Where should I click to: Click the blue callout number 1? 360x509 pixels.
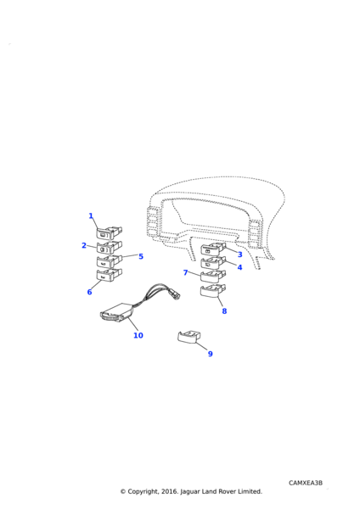(x=91, y=215)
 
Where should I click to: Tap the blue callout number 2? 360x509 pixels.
(x=84, y=245)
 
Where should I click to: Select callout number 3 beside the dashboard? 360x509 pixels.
(x=239, y=255)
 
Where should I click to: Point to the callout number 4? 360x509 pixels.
(x=239, y=267)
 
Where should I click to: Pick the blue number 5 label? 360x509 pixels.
(x=141, y=256)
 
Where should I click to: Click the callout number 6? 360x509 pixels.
(x=89, y=292)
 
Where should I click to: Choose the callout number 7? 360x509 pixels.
(x=186, y=272)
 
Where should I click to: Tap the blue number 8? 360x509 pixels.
(x=224, y=311)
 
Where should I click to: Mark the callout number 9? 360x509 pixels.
(x=211, y=354)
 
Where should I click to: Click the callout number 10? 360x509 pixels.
(x=138, y=335)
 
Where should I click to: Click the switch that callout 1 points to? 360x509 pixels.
(x=110, y=232)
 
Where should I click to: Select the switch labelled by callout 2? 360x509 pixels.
(x=110, y=248)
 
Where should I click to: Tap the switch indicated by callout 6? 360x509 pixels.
(x=110, y=275)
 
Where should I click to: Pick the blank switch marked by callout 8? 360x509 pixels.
(x=213, y=290)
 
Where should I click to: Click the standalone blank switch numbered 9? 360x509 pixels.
(x=188, y=337)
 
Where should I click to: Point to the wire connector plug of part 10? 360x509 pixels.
(x=174, y=294)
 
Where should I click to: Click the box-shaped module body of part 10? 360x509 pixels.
(x=117, y=312)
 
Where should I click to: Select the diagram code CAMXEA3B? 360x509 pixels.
(x=306, y=483)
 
